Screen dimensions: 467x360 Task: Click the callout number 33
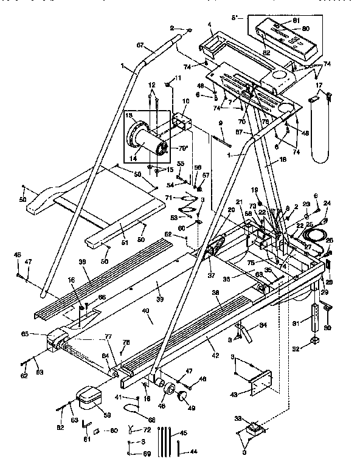point(237,418)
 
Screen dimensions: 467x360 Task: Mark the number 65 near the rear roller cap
point(42,334)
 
